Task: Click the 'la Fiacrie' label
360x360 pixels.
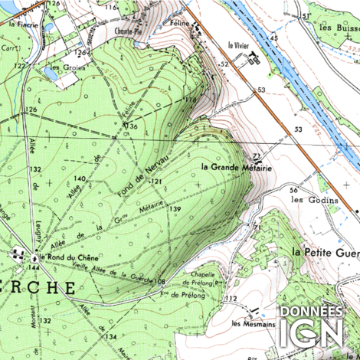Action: click(23, 24)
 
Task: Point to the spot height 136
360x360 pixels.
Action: click(132, 126)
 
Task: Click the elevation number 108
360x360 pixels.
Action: click(159, 281)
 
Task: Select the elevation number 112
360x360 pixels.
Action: click(232, 299)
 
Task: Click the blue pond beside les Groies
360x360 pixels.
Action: click(55, 76)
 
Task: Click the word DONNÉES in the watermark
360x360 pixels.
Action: click(311, 312)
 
